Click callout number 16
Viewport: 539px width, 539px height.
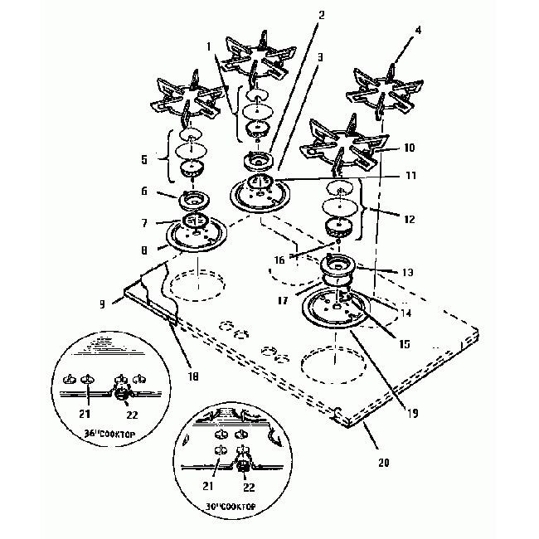point(279,260)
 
